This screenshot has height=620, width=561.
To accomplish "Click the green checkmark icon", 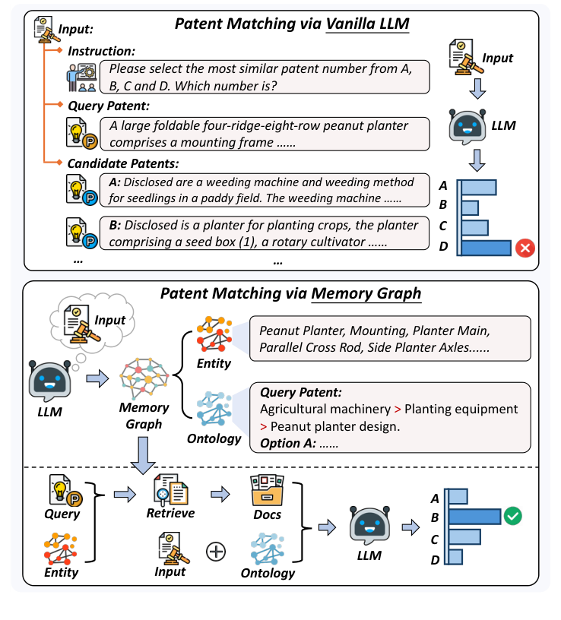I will (x=513, y=517).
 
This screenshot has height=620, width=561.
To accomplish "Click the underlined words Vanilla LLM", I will (x=368, y=24).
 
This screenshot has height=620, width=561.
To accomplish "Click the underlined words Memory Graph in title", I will (x=367, y=293).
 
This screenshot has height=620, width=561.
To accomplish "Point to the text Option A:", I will (x=287, y=443).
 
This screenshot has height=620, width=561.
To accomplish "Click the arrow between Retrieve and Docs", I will (x=219, y=495).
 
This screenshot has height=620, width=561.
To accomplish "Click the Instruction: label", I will (x=101, y=51).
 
